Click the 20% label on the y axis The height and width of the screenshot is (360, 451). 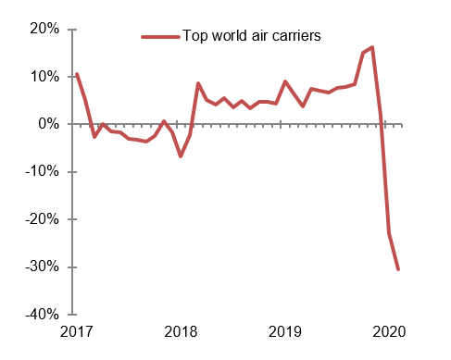click(44, 29)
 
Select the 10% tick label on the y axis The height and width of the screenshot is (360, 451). click(44, 76)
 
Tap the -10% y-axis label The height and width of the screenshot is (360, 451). click(43, 171)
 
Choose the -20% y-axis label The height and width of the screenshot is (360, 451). click(43, 219)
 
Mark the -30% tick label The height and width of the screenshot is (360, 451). click(43, 267)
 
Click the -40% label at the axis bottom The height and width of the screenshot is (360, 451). click(43, 315)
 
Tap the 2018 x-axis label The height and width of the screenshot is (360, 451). click(181, 331)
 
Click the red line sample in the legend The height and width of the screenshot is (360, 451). click(159, 37)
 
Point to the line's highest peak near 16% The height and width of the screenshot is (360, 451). click(371, 47)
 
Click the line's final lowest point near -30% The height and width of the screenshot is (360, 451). click(398, 269)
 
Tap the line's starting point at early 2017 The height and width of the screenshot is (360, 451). click(76, 74)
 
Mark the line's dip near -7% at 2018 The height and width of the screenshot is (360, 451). click(181, 155)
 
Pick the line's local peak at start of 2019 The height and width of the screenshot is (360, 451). click(285, 81)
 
